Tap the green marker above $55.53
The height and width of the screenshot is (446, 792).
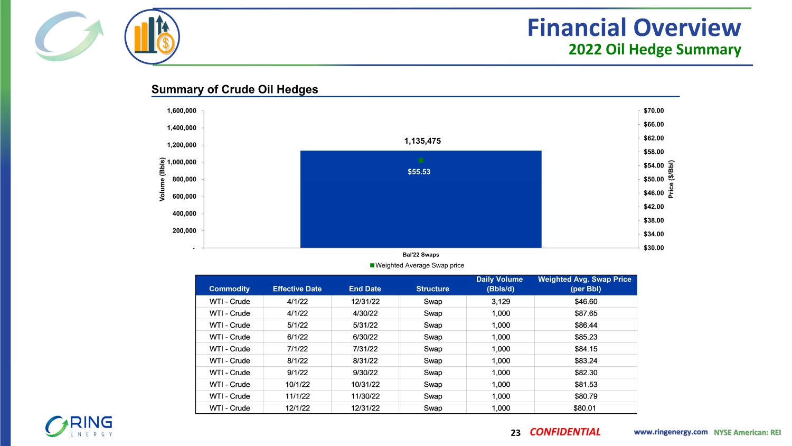[x=421, y=160]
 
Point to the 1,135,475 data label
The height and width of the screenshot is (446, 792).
[x=422, y=141]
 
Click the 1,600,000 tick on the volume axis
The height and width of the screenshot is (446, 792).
[x=182, y=111]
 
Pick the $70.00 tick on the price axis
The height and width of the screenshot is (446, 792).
[x=654, y=111]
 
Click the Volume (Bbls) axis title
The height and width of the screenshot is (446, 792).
[x=163, y=179]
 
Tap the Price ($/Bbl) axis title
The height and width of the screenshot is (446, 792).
[x=671, y=179]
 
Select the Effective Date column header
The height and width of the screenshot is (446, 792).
[x=297, y=289]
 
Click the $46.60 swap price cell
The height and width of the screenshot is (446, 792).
[x=586, y=302]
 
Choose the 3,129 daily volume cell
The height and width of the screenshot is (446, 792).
[x=501, y=302]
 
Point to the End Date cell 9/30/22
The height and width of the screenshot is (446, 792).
[x=365, y=373]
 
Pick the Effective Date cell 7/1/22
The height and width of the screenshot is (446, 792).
[x=297, y=349]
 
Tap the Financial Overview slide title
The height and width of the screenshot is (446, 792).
[x=634, y=27]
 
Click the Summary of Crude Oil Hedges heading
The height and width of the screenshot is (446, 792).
[x=235, y=89]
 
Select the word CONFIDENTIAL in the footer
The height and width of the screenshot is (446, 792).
[x=565, y=432]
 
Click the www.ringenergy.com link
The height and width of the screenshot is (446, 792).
[x=671, y=432]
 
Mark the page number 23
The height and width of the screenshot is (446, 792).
[x=515, y=433]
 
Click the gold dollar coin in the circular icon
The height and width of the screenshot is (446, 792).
[x=166, y=43]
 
